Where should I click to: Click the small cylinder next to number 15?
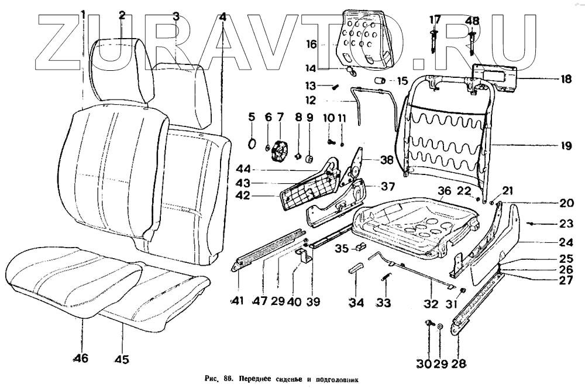(380, 80)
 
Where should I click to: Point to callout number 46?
(81, 358)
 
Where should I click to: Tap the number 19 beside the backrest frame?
(565, 146)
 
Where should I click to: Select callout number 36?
(445, 191)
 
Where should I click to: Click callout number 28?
(459, 363)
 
